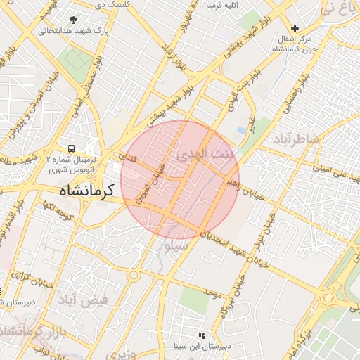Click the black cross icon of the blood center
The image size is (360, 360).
(x=295, y=29)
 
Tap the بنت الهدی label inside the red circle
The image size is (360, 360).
(x=203, y=153)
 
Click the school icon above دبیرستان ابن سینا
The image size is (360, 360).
(x=202, y=336)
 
